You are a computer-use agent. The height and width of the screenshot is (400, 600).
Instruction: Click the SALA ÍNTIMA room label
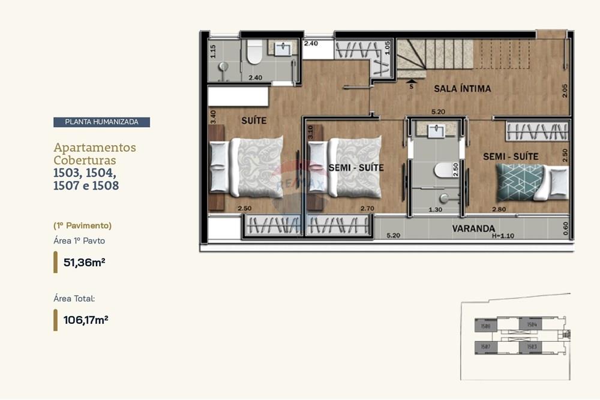coord(462,89)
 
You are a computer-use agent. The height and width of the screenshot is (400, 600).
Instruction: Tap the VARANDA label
coord(473,228)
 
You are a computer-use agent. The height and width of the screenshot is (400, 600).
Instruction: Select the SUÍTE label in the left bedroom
coord(254,121)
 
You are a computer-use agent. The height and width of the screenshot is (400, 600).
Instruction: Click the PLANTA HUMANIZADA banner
coord(101,122)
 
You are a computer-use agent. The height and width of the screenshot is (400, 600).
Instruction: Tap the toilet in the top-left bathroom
coord(254,53)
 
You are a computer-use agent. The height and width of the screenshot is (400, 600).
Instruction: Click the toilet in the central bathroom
coord(445,170)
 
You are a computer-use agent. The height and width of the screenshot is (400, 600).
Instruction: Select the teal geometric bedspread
coord(520,182)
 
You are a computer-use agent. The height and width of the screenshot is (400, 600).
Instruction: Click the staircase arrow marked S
coord(411,83)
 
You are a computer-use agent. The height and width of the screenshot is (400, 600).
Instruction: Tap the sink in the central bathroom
coord(437,129)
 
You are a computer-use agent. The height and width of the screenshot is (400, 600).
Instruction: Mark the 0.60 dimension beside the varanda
coord(566,228)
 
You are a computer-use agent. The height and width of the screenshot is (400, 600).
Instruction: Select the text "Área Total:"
coord(74,298)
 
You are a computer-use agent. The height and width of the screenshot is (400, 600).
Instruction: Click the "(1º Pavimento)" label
coord(83,225)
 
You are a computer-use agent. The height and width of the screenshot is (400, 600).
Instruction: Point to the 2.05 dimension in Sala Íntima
coord(565,91)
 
